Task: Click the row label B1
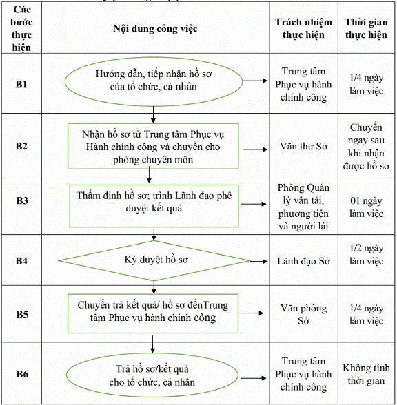click(21, 85)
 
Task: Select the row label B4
click(21, 261)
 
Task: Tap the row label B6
click(22, 374)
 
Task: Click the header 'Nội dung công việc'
click(155, 28)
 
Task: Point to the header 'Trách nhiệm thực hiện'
click(303, 28)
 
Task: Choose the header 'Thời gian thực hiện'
click(366, 28)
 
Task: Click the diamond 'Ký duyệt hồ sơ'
click(154, 261)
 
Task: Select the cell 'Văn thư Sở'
click(304, 147)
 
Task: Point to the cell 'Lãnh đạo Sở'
click(304, 261)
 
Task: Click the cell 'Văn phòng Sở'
click(304, 314)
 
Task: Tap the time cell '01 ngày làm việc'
click(366, 207)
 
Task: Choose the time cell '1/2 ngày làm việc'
click(366, 255)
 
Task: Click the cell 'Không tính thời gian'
click(366, 374)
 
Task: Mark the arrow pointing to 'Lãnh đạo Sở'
click(258, 262)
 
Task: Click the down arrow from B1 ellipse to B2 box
click(153, 114)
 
